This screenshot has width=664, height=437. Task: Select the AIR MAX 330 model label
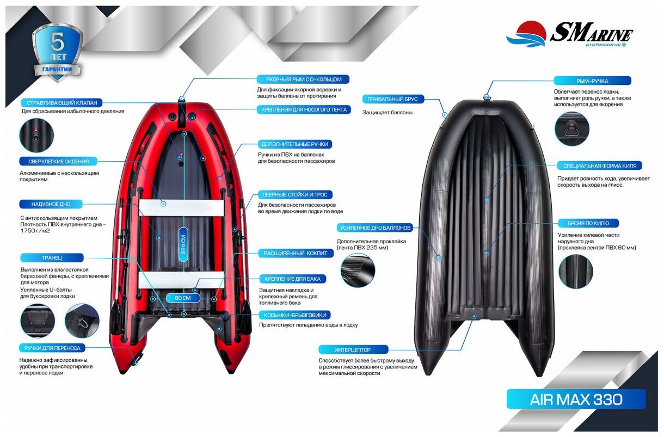(576, 399)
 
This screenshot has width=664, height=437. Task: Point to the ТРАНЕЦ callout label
(52, 257)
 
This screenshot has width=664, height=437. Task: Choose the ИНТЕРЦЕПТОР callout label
(353, 349)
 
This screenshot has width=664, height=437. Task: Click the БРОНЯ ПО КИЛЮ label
(588, 223)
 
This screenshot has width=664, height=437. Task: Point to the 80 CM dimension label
(183, 298)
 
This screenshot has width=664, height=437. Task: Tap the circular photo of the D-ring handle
(572, 128)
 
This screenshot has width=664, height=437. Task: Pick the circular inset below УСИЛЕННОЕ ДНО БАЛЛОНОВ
(358, 270)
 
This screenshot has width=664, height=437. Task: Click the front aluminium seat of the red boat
(182, 207)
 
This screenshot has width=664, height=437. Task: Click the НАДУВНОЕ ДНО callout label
(52, 204)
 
